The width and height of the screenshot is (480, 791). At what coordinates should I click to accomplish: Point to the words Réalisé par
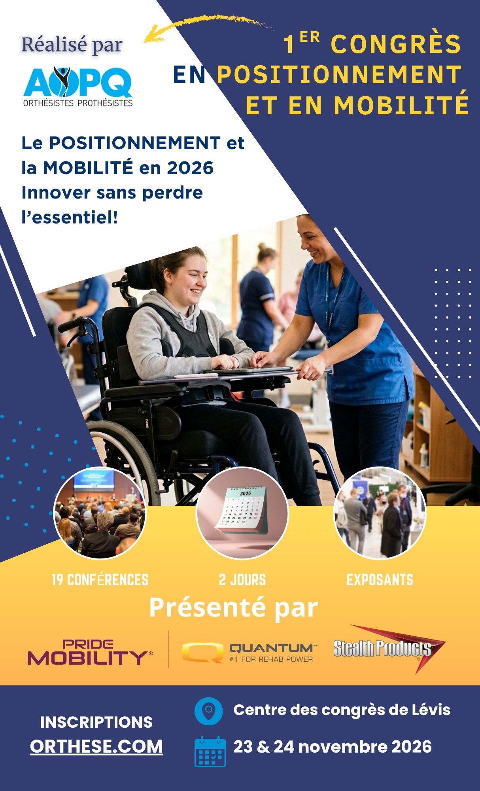click(x=72, y=45)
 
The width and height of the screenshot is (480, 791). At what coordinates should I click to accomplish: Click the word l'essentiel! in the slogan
click(x=70, y=217)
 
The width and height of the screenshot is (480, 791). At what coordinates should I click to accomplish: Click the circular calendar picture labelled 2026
click(x=242, y=513)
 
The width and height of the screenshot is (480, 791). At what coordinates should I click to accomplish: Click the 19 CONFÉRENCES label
click(x=100, y=580)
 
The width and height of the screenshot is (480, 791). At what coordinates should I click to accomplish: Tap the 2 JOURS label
click(x=242, y=580)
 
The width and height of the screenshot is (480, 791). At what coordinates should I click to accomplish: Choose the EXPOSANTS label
click(x=380, y=580)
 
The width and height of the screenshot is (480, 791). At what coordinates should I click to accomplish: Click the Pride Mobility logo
click(x=90, y=652)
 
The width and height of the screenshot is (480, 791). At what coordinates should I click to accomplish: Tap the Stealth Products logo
click(x=389, y=649)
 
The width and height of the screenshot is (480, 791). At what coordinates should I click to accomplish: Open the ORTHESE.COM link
click(x=96, y=746)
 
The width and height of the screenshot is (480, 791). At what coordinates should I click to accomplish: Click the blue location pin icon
click(x=208, y=711)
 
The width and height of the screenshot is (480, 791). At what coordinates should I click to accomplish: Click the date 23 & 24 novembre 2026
click(x=333, y=747)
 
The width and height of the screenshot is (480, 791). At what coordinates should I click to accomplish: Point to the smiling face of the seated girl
click(x=191, y=279)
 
